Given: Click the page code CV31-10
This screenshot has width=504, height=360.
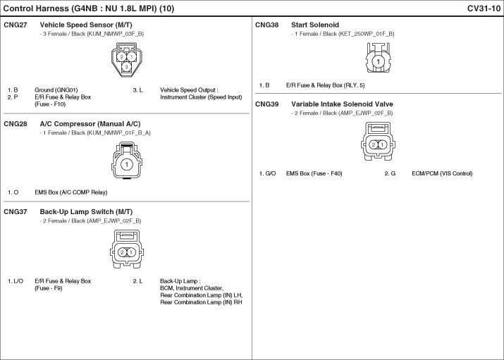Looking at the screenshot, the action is (x=484, y=8).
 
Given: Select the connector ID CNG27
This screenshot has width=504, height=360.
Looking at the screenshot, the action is (x=16, y=25).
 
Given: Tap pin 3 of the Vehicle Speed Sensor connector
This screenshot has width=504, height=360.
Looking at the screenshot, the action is (x=127, y=67).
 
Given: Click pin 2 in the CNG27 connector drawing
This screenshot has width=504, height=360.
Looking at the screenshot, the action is (x=121, y=57).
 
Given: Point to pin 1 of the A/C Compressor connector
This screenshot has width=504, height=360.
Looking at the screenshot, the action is (x=127, y=164).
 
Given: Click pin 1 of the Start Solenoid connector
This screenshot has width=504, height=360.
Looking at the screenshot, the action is (x=379, y=62).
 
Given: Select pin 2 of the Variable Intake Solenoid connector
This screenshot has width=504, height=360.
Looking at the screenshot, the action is (x=374, y=145).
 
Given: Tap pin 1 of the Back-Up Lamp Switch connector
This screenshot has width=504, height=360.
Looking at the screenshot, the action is (x=131, y=252).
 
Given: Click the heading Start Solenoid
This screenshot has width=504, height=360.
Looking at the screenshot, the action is (x=315, y=25).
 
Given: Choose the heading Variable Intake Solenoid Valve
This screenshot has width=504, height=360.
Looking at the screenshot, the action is (x=342, y=104).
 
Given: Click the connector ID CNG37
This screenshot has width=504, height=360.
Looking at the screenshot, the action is (x=16, y=212).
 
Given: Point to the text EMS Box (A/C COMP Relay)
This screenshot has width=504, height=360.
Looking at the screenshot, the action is (x=71, y=192).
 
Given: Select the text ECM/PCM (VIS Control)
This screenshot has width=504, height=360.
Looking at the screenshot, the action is (x=442, y=174).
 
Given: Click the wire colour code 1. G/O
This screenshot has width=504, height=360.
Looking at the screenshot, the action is (x=267, y=174).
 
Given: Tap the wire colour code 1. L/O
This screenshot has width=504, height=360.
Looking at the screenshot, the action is (x=16, y=281).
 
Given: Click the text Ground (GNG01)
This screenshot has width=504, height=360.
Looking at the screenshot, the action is (x=56, y=90).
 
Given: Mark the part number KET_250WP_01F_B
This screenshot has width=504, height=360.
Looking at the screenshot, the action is (x=366, y=34).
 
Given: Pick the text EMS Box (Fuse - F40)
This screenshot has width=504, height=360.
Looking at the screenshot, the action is (x=314, y=174).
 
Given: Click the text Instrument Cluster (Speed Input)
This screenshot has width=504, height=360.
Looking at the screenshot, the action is (x=201, y=97).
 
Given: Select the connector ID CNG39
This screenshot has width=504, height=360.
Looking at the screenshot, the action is (x=266, y=104).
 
